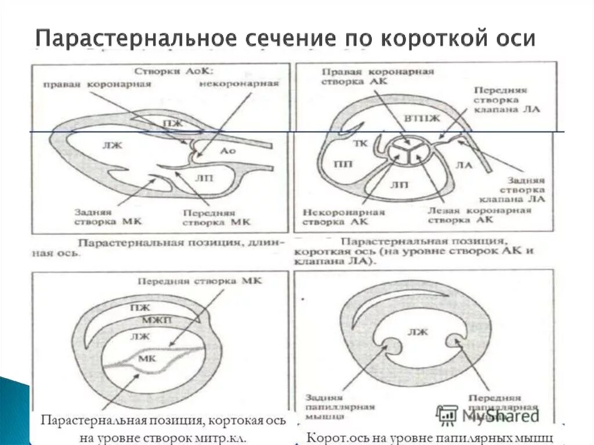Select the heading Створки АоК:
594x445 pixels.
tap(175, 71)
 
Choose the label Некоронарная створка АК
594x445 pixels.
tap(343, 216)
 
